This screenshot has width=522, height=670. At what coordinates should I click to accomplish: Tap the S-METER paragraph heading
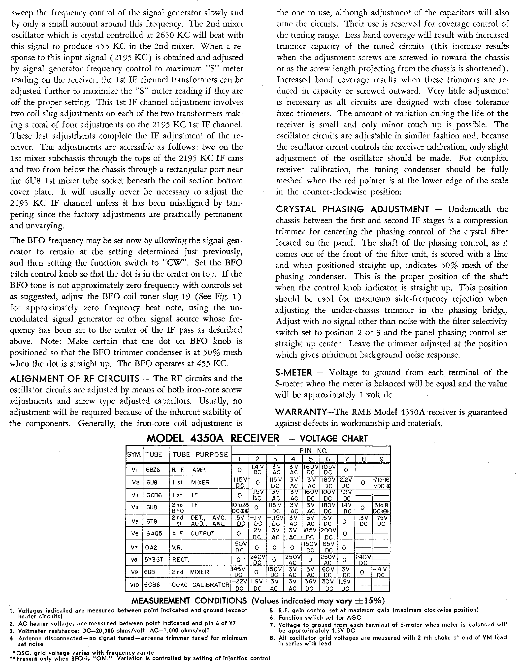coord(294,372)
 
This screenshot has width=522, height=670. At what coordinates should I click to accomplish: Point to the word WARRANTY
coord(301,412)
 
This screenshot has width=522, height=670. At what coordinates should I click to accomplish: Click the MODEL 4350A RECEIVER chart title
coord(213,438)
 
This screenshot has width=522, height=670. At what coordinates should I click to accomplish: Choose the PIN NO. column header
coord(311,451)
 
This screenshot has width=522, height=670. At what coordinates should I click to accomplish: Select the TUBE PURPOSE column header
coord(200,455)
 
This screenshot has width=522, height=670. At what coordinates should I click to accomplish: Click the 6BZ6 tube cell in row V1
coord(153,470)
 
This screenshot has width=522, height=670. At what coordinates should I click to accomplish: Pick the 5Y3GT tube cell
coord(155,560)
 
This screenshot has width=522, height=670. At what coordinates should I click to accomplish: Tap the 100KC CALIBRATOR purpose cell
coord(200,585)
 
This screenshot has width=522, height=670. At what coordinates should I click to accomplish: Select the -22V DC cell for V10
coord(239,585)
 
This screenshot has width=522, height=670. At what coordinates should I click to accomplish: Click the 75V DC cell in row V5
coord(381,521)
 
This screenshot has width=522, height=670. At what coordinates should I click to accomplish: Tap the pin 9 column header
coord(381,459)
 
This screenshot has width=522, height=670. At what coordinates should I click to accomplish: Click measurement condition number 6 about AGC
coord(319,618)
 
